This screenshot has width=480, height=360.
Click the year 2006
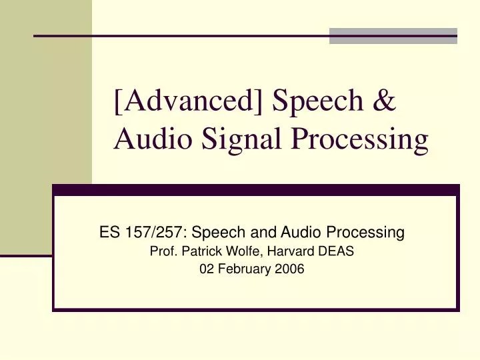tap(287, 269)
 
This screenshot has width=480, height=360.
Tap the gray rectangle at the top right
tap(393, 36)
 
